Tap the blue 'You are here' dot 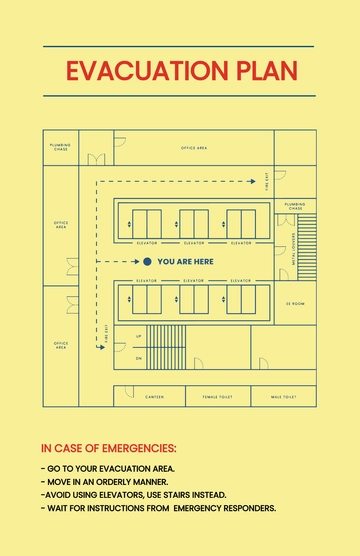tap(147, 261)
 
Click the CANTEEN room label tap(154, 397)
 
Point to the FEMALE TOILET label tap(217, 397)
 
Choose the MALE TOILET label tap(283, 397)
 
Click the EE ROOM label tap(295, 303)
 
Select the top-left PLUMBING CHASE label tap(60, 147)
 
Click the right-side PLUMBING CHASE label tap(295, 206)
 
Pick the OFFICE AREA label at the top tap(194, 147)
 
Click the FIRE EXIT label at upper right tap(267, 179)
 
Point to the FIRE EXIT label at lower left tap(106, 334)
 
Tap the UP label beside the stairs tap(138, 336)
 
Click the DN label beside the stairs tap(138, 357)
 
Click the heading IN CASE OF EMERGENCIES tap(108, 448)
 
